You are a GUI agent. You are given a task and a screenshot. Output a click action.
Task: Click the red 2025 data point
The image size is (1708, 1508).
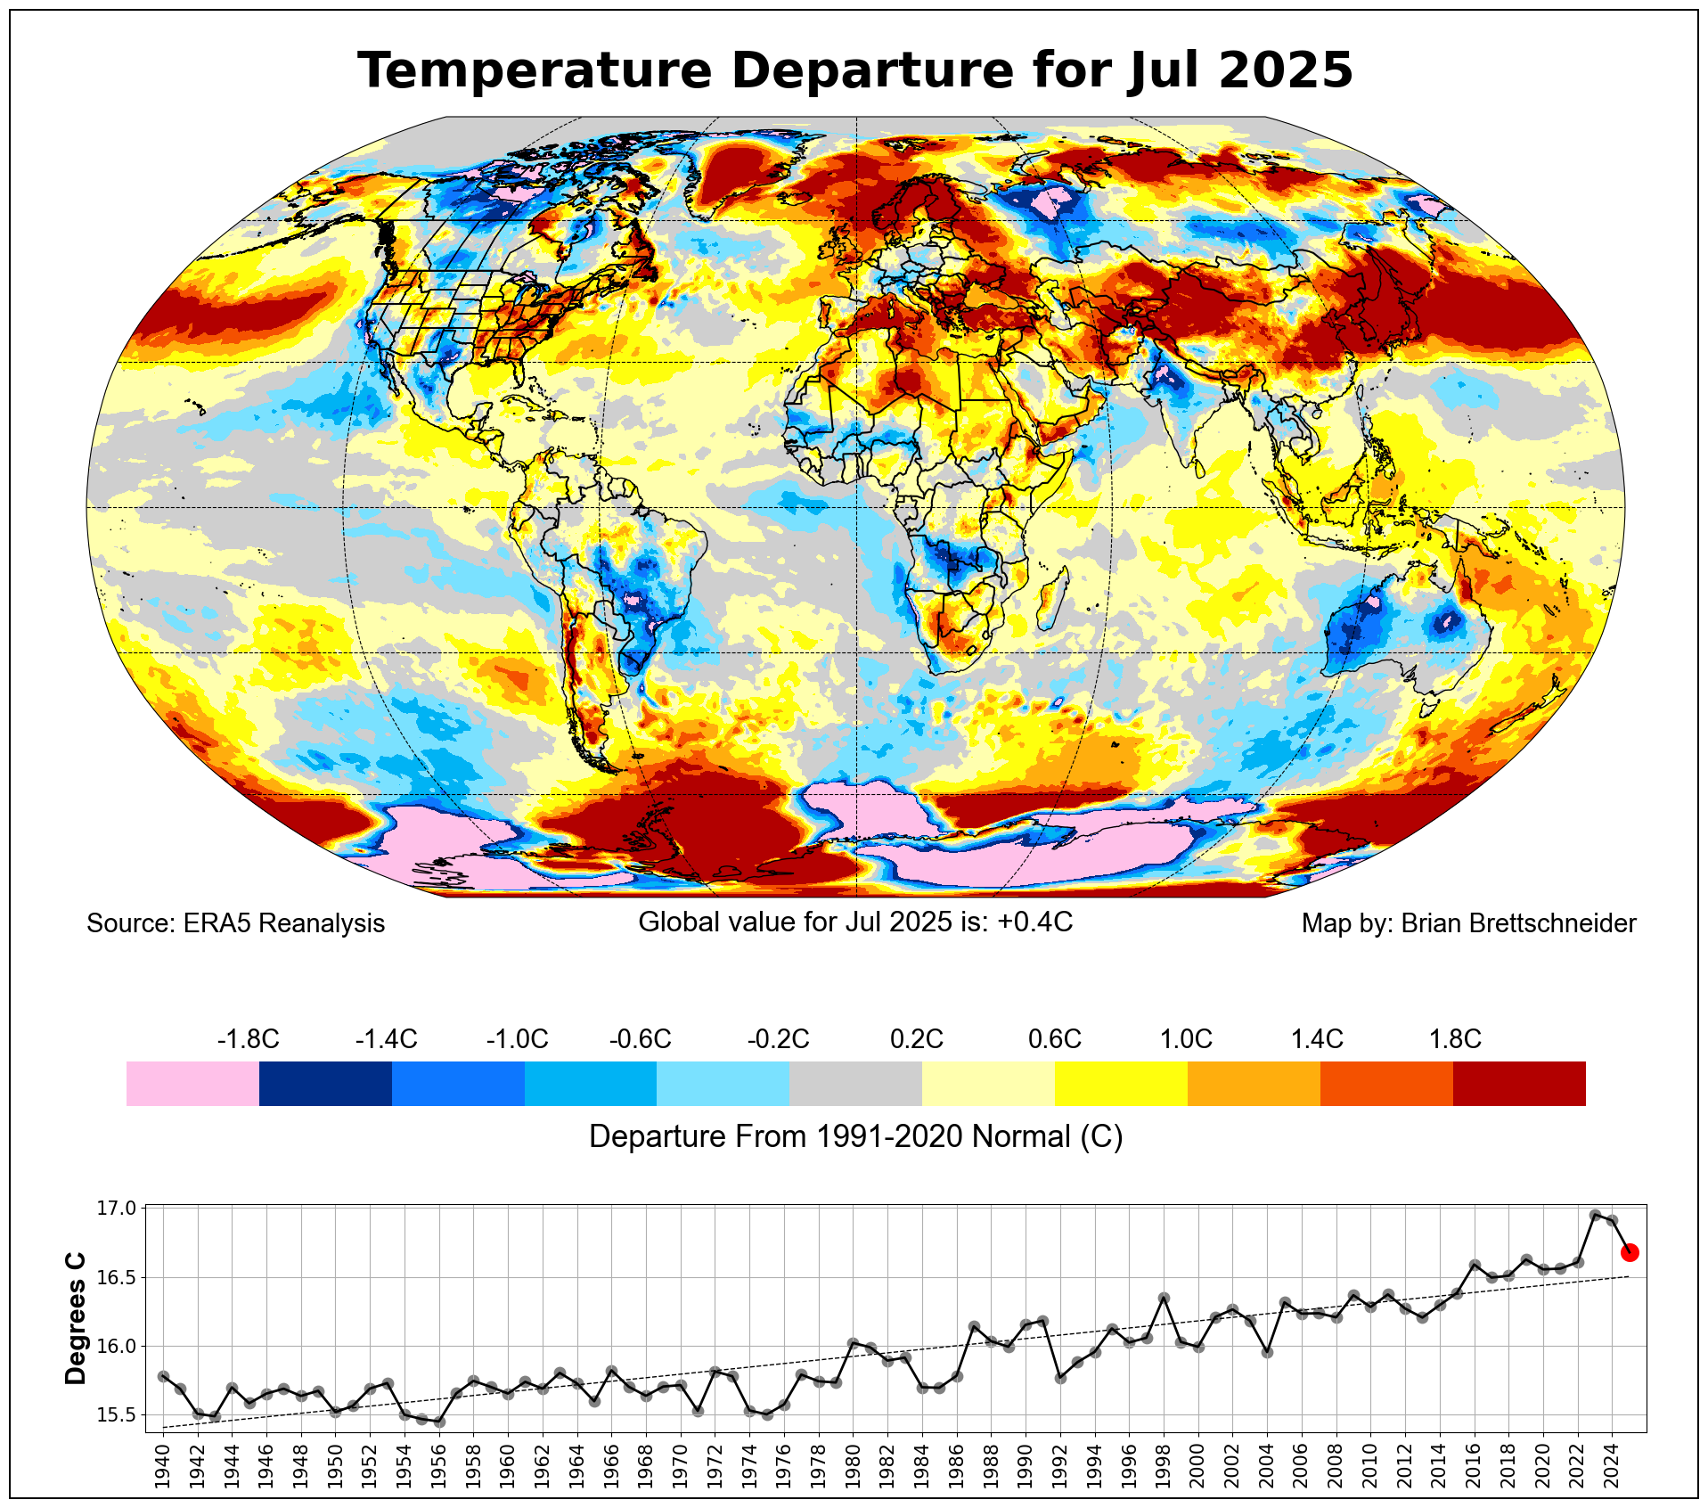(1630, 1252)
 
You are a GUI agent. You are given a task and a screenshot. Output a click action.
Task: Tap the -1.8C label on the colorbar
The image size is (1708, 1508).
(248, 1039)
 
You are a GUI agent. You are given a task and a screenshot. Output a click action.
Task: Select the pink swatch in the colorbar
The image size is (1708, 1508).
(192, 1083)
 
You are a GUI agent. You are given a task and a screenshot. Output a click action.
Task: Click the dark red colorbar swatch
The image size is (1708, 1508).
(1519, 1083)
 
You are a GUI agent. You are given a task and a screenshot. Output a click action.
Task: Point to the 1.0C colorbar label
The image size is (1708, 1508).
(1186, 1039)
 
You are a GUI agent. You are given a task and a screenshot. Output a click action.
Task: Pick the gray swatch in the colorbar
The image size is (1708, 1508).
(855, 1083)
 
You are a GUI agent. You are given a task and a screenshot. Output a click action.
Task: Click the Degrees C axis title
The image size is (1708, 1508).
(77, 1318)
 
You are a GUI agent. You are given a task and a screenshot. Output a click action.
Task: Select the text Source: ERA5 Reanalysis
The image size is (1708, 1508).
(235, 923)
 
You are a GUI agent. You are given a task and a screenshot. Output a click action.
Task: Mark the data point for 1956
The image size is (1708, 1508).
(439, 1422)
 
